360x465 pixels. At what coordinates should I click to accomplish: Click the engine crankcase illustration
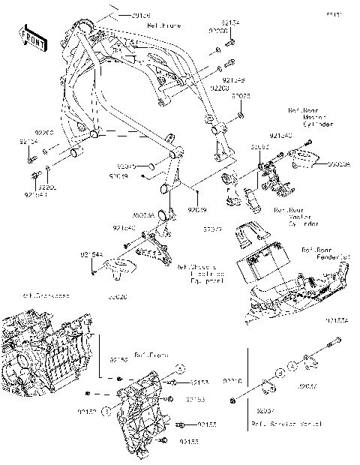click(45, 352)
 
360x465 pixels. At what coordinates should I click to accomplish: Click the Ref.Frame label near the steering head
click(161, 26)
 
